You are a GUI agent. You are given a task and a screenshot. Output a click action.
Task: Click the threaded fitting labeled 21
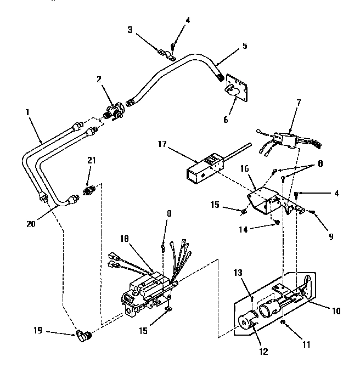88,190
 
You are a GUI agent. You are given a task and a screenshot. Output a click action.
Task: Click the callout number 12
263,352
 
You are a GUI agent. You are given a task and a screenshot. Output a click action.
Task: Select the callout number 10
336,311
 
